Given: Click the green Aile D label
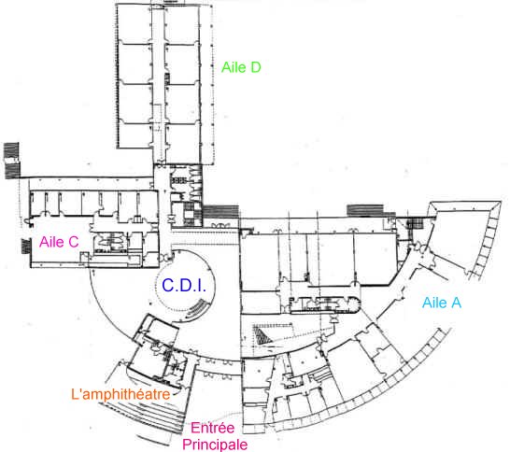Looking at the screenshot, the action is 241,67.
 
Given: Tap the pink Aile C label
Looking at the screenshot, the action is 59,242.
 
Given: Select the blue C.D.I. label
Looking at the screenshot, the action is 184,286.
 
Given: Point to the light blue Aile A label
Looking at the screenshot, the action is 442,303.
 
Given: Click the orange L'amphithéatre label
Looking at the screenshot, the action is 120,394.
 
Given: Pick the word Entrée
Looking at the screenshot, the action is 212,428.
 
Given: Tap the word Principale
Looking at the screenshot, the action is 215,445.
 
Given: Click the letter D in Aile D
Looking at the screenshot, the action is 255,67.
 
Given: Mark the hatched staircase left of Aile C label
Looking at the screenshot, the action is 26,246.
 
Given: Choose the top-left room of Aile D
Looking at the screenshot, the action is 135,23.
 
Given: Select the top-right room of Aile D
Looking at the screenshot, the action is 181,23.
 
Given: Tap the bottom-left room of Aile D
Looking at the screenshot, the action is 135,135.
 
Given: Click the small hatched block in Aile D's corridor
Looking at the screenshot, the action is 167,78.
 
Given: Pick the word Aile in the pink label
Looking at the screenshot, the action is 51,242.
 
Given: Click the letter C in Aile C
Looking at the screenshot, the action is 73,242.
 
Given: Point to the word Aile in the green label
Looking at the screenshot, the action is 234,67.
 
